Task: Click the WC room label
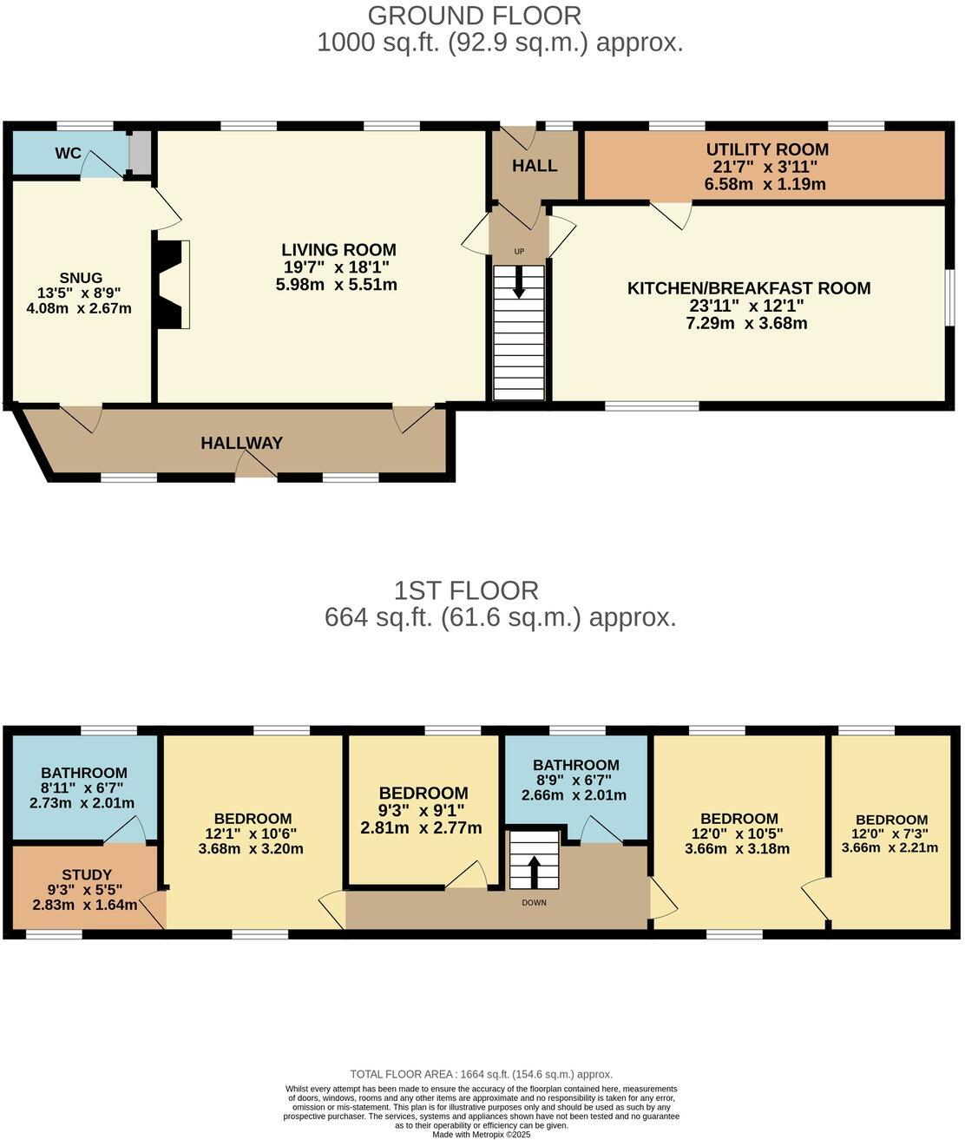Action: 68,154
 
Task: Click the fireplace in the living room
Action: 172,284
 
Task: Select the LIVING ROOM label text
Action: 338,250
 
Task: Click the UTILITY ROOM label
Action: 766,149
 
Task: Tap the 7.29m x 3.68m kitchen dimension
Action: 746,324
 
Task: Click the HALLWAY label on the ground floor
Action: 241,443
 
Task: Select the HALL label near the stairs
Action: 535,166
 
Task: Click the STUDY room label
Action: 86,874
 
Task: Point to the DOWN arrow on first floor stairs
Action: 534,869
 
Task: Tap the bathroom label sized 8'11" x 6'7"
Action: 84,773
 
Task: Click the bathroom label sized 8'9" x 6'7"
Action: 575,765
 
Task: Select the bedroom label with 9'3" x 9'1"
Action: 423,793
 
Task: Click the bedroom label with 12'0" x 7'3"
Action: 891,820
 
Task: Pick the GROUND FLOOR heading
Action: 474,16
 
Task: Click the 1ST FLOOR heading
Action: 466,590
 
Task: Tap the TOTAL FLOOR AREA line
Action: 481,1074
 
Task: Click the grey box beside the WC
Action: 139,152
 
